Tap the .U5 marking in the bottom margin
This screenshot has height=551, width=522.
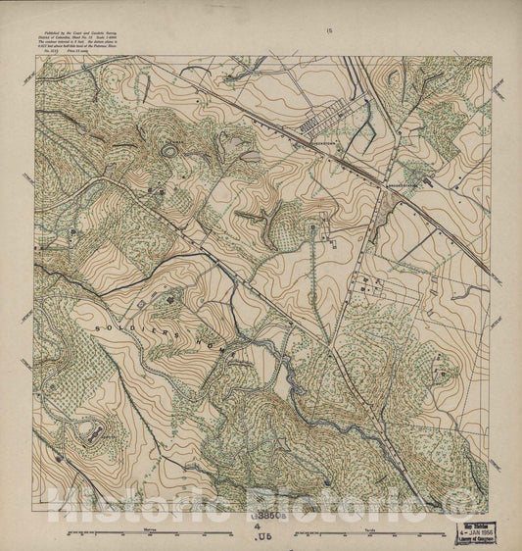(262, 539)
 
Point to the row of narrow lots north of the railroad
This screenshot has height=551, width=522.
(320, 124)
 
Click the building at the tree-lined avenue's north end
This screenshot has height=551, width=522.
(312, 227)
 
